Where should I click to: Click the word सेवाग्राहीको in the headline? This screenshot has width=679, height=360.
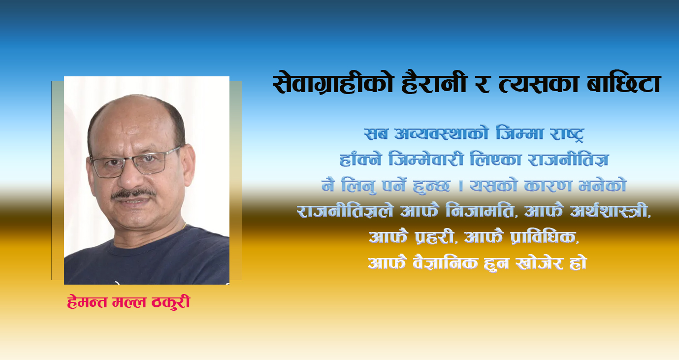pos(332,83)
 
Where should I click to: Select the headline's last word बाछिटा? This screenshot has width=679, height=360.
pos(624,83)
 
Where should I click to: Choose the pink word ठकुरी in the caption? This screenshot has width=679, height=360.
pos(171,302)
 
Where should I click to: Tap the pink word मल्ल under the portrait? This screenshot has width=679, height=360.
pos(129,302)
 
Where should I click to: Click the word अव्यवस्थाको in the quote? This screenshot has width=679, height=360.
pos(441,134)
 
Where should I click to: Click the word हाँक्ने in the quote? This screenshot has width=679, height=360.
pos(360,159)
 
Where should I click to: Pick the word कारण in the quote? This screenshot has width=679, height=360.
pos(548,186)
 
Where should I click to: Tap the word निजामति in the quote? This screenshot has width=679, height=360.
pos(480,211)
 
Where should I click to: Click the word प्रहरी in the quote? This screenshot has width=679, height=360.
pos(435,237)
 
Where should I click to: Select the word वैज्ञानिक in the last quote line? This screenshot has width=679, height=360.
pos(445,262)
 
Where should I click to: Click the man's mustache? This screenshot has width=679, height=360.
pos(133,194)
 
